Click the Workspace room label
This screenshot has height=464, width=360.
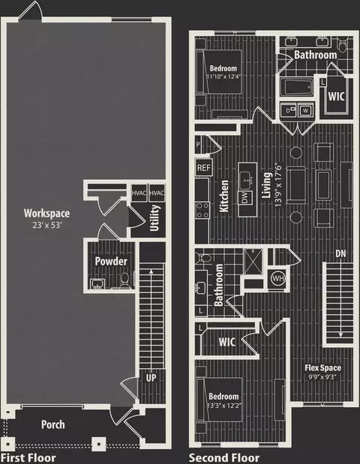(x=46, y=213)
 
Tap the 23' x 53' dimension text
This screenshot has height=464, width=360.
(x=47, y=225)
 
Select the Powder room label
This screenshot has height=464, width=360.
(x=111, y=261)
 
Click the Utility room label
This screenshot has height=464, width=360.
(x=154, y=218)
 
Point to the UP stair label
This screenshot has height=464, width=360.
(x=151, y=378)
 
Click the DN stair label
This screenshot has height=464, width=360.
(x=340, y=253)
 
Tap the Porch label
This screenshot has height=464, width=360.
(x=53, y=424)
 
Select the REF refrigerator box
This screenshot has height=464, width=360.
(x=204, y=168)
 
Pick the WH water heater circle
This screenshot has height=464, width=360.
(x=278, y=278)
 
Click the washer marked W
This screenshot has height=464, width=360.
(x=305, y=111)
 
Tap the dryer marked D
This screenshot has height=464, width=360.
(x=288, y=111)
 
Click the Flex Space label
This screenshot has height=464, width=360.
(x=323, y=368)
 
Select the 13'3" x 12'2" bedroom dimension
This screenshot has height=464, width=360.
(x=223, y=405)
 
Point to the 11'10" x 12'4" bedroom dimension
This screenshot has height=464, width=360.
(x=223, y=76)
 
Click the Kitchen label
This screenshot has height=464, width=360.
(x=224, y=196)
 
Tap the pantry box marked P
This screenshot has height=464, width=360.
(x=198, y=145)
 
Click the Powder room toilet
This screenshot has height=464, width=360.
(x=125, y=280)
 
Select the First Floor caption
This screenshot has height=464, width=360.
(x=28, y=458)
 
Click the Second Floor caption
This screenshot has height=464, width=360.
(x=224, y=458)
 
